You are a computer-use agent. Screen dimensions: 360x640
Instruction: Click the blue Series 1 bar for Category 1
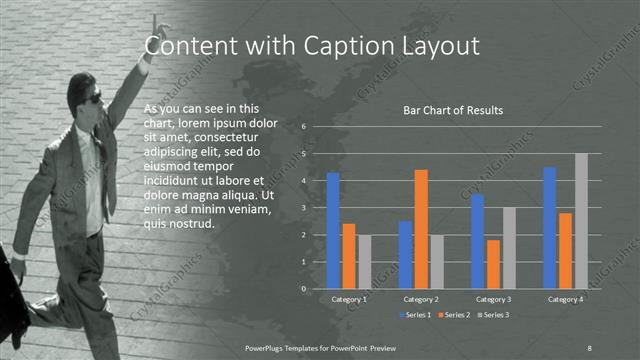pos(333,231)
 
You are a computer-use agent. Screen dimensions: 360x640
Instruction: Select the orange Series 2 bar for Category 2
pos(421,229)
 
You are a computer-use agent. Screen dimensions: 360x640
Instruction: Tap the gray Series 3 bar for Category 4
pos(581,221)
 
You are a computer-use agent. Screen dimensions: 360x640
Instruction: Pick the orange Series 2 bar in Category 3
pos(493,264)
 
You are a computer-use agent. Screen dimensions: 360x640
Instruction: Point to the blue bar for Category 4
pos(549,228)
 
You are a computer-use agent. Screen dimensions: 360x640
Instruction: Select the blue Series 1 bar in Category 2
pos(405,255)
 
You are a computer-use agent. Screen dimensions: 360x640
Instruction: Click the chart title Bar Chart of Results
pos(453,110)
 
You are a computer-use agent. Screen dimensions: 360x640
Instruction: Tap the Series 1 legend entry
pos(416,315)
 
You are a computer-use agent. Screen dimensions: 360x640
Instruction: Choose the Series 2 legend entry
pos(453,315)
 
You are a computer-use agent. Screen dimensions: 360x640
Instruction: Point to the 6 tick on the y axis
pos(304,127)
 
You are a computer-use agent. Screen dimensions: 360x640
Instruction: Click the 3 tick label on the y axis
pos(304,208)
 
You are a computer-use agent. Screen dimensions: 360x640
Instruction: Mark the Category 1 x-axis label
pos(349,299)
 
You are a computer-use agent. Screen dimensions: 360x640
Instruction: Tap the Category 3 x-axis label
pos(493,299)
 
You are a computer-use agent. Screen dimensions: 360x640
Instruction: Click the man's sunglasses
pos(93,98)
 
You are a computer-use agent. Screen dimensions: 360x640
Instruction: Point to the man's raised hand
pos(155,24)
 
